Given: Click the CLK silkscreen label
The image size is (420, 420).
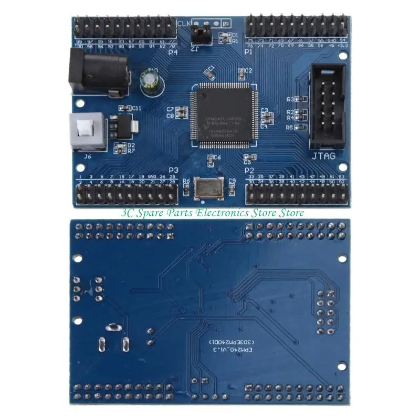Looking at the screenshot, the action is point(184,24).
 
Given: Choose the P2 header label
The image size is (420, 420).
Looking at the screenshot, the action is point(249,170).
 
